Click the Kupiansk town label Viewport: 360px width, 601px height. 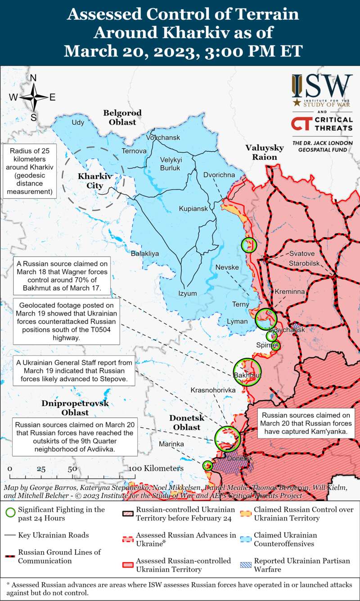tap(193, 209)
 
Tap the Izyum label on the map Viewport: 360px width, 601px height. tap(188, 294)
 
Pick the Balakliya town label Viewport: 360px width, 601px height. tap(145, 254)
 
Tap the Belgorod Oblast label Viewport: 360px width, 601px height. tap(122, 117)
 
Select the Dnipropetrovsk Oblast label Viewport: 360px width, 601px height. tap(75, 408)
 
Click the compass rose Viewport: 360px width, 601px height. tap(33, 97)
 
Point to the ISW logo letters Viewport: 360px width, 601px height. tap(322, 86)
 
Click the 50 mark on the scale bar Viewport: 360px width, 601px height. tap(72, 469)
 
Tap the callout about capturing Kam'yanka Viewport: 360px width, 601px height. tap(306, 424)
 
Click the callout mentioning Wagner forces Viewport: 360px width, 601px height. tap(62, 275)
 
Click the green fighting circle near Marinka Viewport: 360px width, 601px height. tap(207, 465)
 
